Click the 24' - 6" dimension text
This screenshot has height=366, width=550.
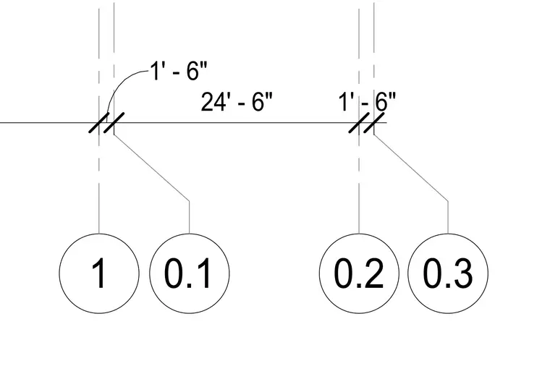[x=237, y=102]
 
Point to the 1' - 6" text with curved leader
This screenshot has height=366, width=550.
[x=179, y=70]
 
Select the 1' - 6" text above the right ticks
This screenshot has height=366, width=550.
[x=367, y=102]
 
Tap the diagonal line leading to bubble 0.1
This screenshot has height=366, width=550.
[x=151, y=168]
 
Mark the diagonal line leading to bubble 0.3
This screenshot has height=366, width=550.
[x=411, y=168]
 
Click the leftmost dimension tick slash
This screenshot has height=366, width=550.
[x=99, y=123]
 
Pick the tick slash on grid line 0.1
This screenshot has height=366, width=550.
[x=114, y=123]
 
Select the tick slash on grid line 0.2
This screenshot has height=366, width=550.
[x=359, y=123]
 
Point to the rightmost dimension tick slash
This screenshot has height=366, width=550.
[x=374, y=123]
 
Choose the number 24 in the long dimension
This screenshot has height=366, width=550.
[x=213, y=102]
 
